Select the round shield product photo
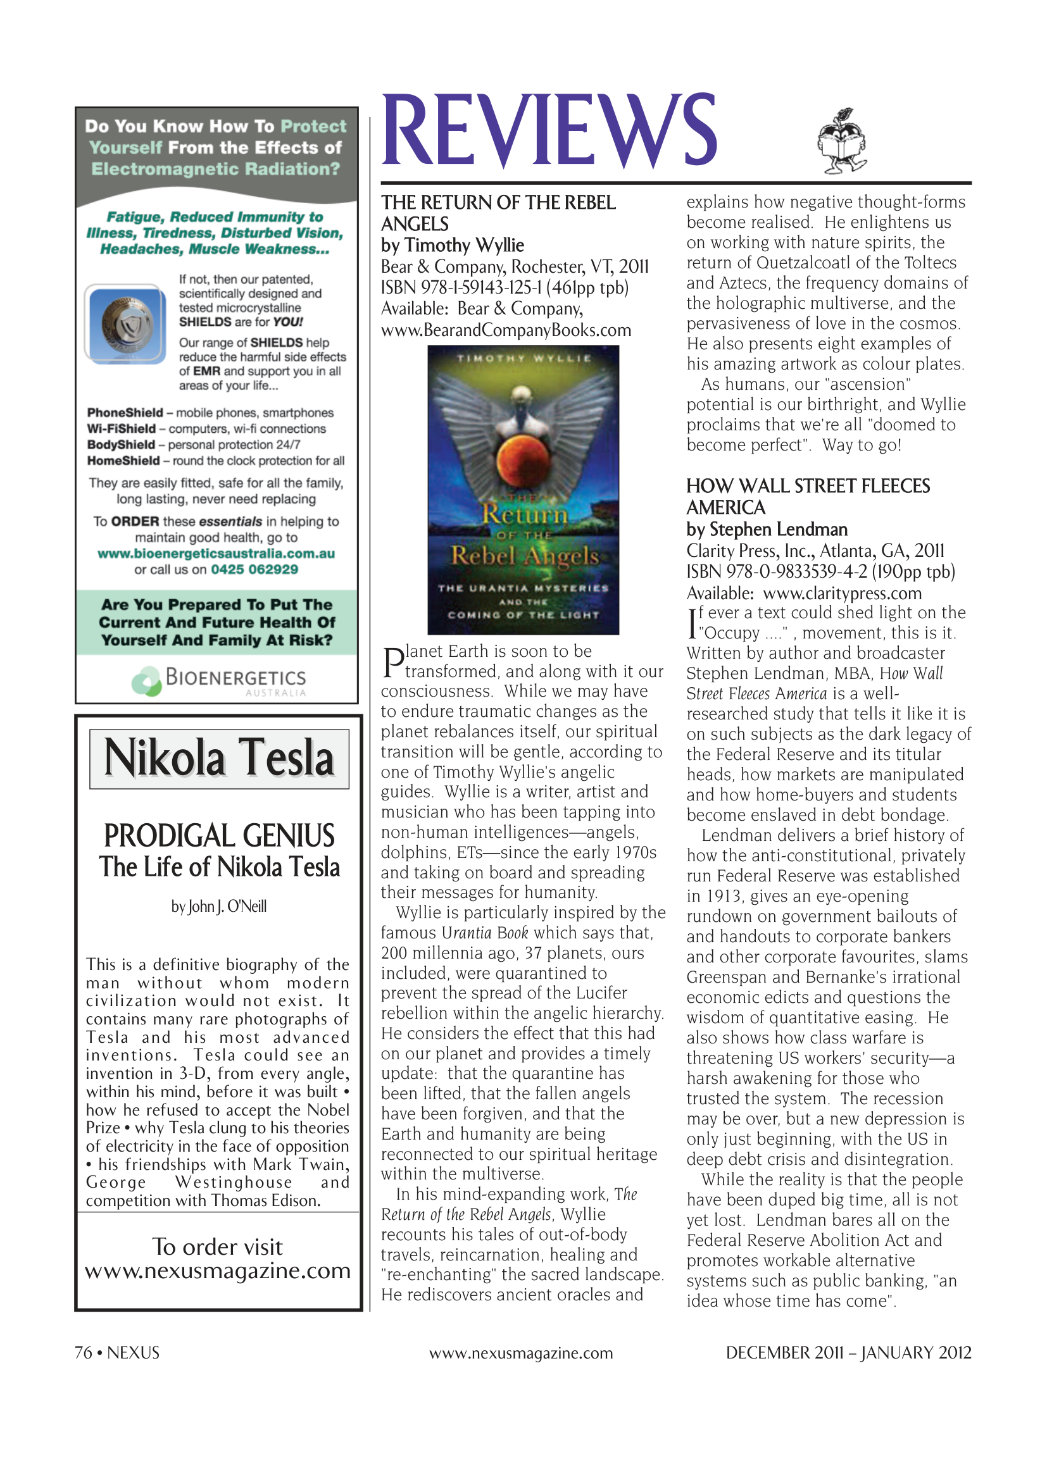[x=127, y=323]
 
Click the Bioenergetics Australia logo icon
[x=146, y=681]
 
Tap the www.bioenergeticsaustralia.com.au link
[x=216, y=553]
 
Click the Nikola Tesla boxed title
[x=219, y=759]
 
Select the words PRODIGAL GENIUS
[x=219, y=836]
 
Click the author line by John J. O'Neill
[x=218, y=906]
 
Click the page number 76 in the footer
[x=83, y=1352]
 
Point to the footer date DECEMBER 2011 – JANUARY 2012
[x=848, y=1352]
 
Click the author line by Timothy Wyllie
[x=452, y=246]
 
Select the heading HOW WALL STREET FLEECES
[x=807, y=486]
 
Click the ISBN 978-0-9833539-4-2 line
[x=820, y=572]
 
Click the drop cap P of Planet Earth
[x=392, y=662]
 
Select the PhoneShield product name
[x=125, y=413]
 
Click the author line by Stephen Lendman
[x=767, y=529]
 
